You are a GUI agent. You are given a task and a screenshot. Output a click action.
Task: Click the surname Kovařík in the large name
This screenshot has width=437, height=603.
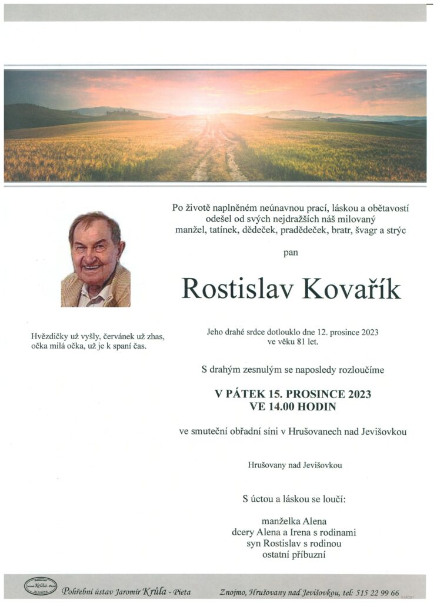tap(352, 289)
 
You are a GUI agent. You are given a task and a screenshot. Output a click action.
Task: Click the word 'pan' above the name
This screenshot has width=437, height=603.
tap(291, 253)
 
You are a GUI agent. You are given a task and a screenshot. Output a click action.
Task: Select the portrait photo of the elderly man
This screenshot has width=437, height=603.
tap(96, 259)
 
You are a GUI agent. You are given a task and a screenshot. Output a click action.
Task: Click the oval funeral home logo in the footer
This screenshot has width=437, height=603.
tap(41, 586)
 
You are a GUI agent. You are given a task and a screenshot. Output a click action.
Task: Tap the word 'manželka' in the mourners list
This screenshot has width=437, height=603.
tap(280, 521)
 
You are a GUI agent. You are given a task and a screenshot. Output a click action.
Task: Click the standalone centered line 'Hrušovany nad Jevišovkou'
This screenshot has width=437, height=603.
tap(295, 465)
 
